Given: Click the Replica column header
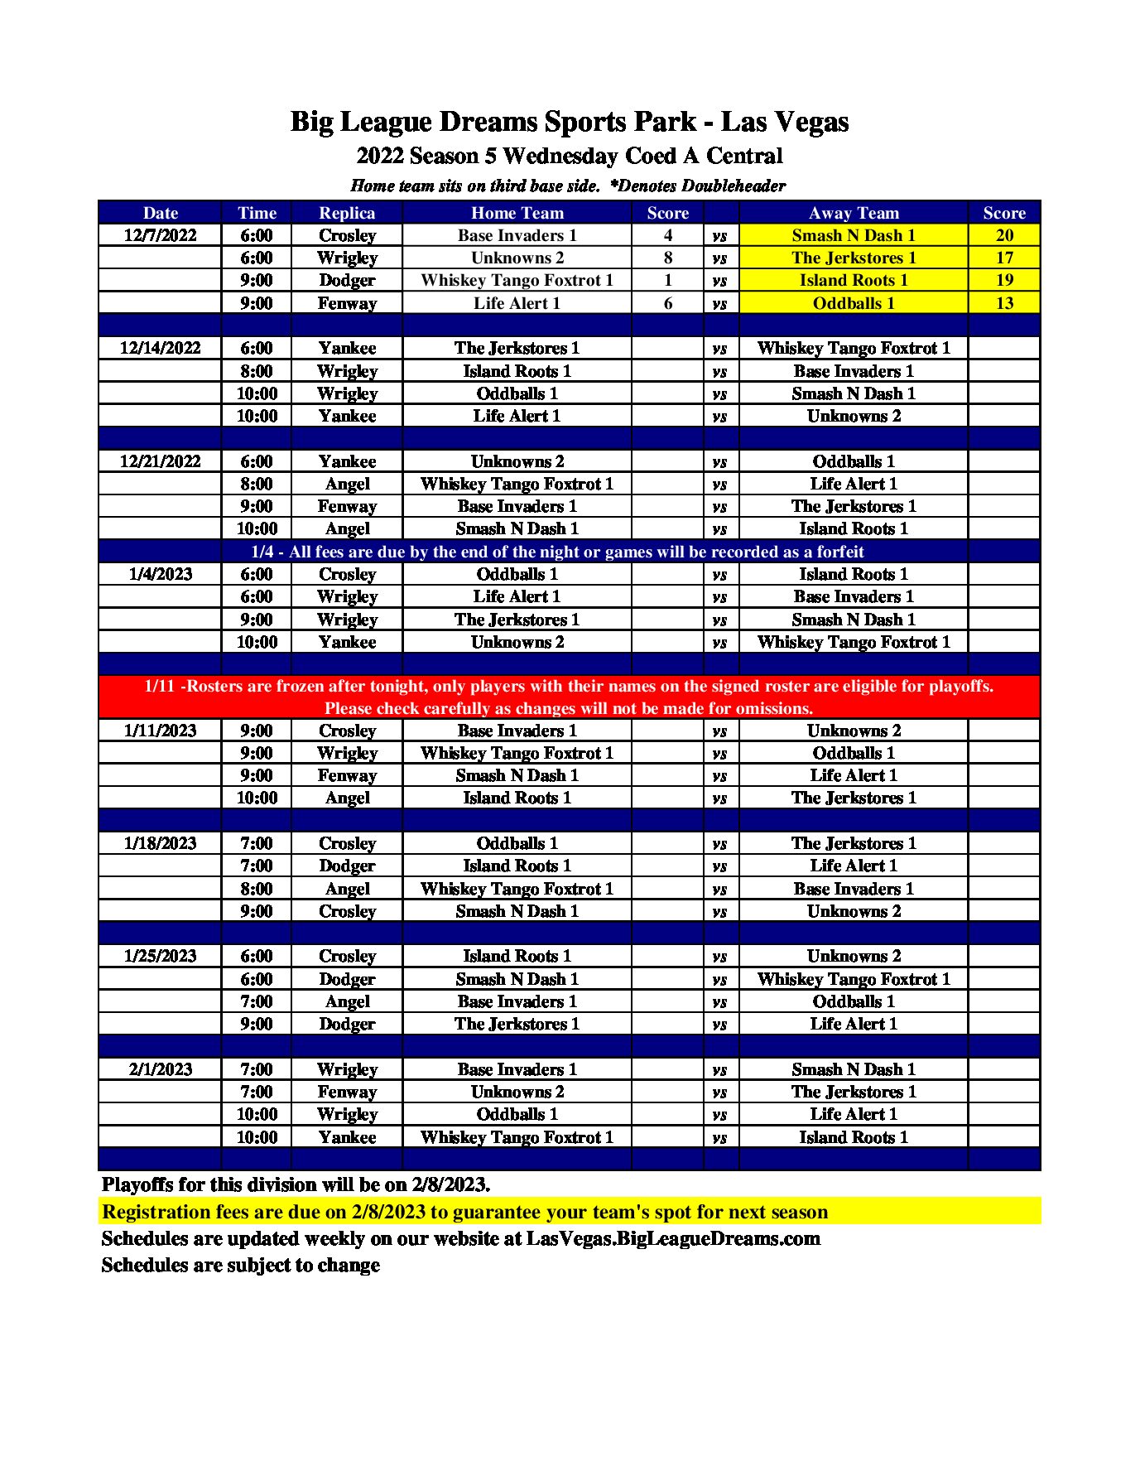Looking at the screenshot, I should tap(347, 213).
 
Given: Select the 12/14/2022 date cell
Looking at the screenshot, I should tap(160, 348).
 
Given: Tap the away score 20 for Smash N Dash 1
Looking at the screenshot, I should tap(1003, 235).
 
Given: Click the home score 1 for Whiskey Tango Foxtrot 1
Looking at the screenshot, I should tap(667, 280).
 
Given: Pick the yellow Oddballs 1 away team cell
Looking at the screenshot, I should tap(853, 303).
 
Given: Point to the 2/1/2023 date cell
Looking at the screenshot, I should tap(160, 1069).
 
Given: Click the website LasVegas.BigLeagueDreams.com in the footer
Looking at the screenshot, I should tap(673, 1238).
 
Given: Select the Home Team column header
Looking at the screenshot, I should tap(517, 213).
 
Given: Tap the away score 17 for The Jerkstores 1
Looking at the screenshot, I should tap(1003, 258).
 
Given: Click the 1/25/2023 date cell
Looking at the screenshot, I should tap(160, 956).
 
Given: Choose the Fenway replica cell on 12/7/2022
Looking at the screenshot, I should tap(347, 303).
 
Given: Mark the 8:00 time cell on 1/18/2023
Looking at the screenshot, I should tap(257, 889).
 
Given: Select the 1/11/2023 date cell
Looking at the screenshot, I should tap(160, 731).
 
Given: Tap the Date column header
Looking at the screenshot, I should tap(160, 213).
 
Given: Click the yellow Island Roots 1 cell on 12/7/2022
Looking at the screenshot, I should tap(853, 280).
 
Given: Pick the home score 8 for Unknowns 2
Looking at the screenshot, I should tap(667, 258).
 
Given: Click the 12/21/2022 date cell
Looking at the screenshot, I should tap(160, 461).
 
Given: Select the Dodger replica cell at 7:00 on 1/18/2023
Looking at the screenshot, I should tap(347, 866).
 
